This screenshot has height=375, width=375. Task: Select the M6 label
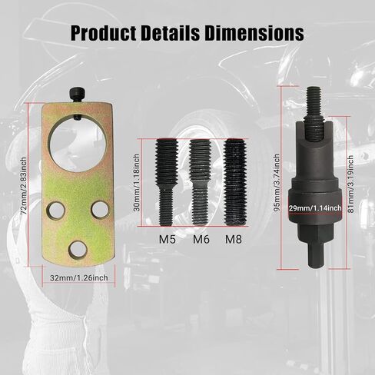[x=201, y=240]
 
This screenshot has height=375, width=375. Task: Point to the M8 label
[x=234, y=240]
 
